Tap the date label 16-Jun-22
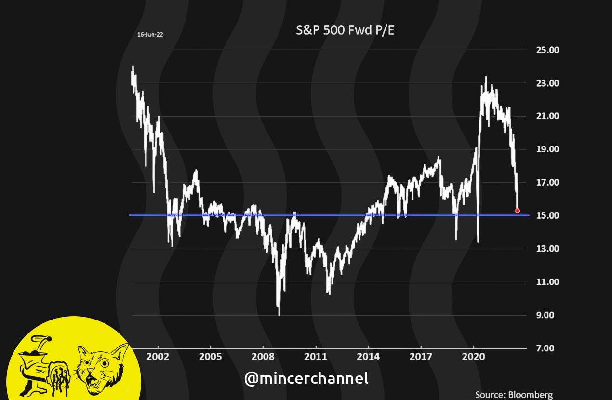[x=150, y=35]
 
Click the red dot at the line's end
[x=518, y=211]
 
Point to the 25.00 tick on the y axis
[x=547, y=50]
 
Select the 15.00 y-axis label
[x=547, y=215]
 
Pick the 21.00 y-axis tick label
[x=547, y=116]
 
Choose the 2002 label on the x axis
[x=158, y=357]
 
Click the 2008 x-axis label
[x=263, y=357]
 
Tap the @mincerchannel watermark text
[x=306, y=378]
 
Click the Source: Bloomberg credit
[x=514, y=395]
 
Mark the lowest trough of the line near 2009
[x=279, y=314]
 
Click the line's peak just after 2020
[x=486, y=78]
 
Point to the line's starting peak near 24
[x=133, y=67]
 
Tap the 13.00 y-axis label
[x=547, y=249]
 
